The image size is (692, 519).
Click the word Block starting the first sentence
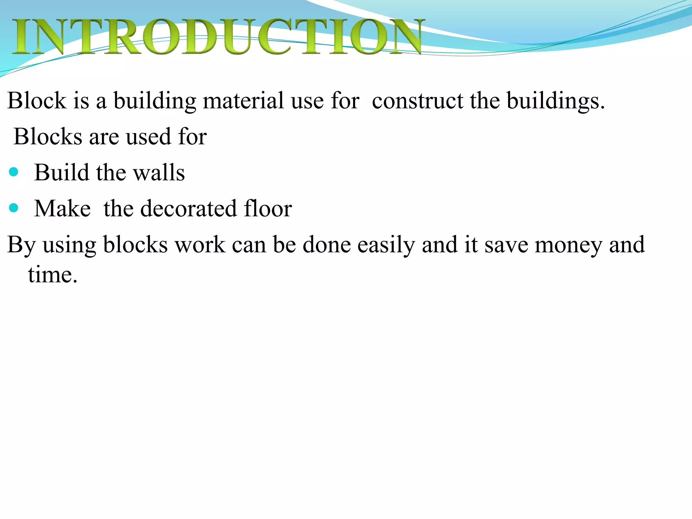pyautogui.click(x=37, y=101)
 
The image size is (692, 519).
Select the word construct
pyautogui.click(x=417, y=101)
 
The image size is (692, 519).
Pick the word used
pyautogui.click(x=148, y=137)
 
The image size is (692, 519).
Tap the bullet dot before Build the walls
pyautogui.click(x=14, y=172)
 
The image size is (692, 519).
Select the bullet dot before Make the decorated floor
pyautogui.click(x=14, y=208)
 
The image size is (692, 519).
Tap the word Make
pyautogui.click(x=63, y=208)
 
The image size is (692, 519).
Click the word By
pyautogui.click(x=21, y=245)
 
